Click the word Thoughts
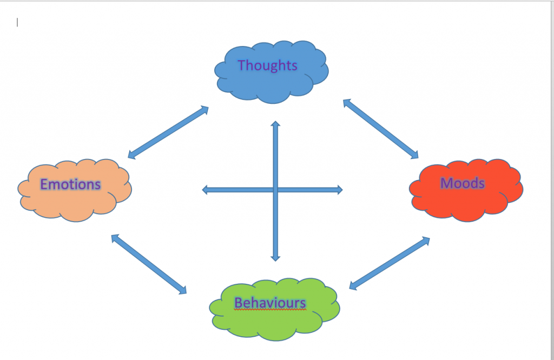click(x=267, y=65)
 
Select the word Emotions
click(x=70, y=184)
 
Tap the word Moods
click(x=463, y=183)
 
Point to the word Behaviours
click(x=270, y=303)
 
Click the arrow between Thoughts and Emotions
click(x=168, y=133)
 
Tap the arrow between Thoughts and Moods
click(x=381, y=129)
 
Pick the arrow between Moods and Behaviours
click(x=390, y=263)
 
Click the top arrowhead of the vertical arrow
click(x=275, y=125)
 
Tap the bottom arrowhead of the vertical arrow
click(x=275, y=257)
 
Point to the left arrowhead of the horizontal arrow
click(x=206, y=190)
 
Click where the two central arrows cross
click(x=275, y=190)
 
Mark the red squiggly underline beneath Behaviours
click(x=270, y=310)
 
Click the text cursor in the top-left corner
click(x=17, y=22)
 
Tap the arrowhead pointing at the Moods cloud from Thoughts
click(x=415, y=156)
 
